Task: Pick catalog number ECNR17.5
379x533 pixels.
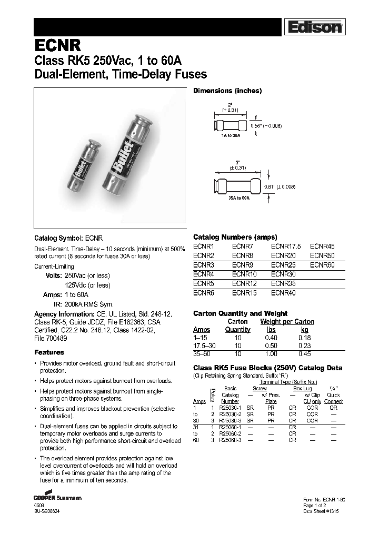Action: click(285, 246)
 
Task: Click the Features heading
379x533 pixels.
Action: click(49, 352)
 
